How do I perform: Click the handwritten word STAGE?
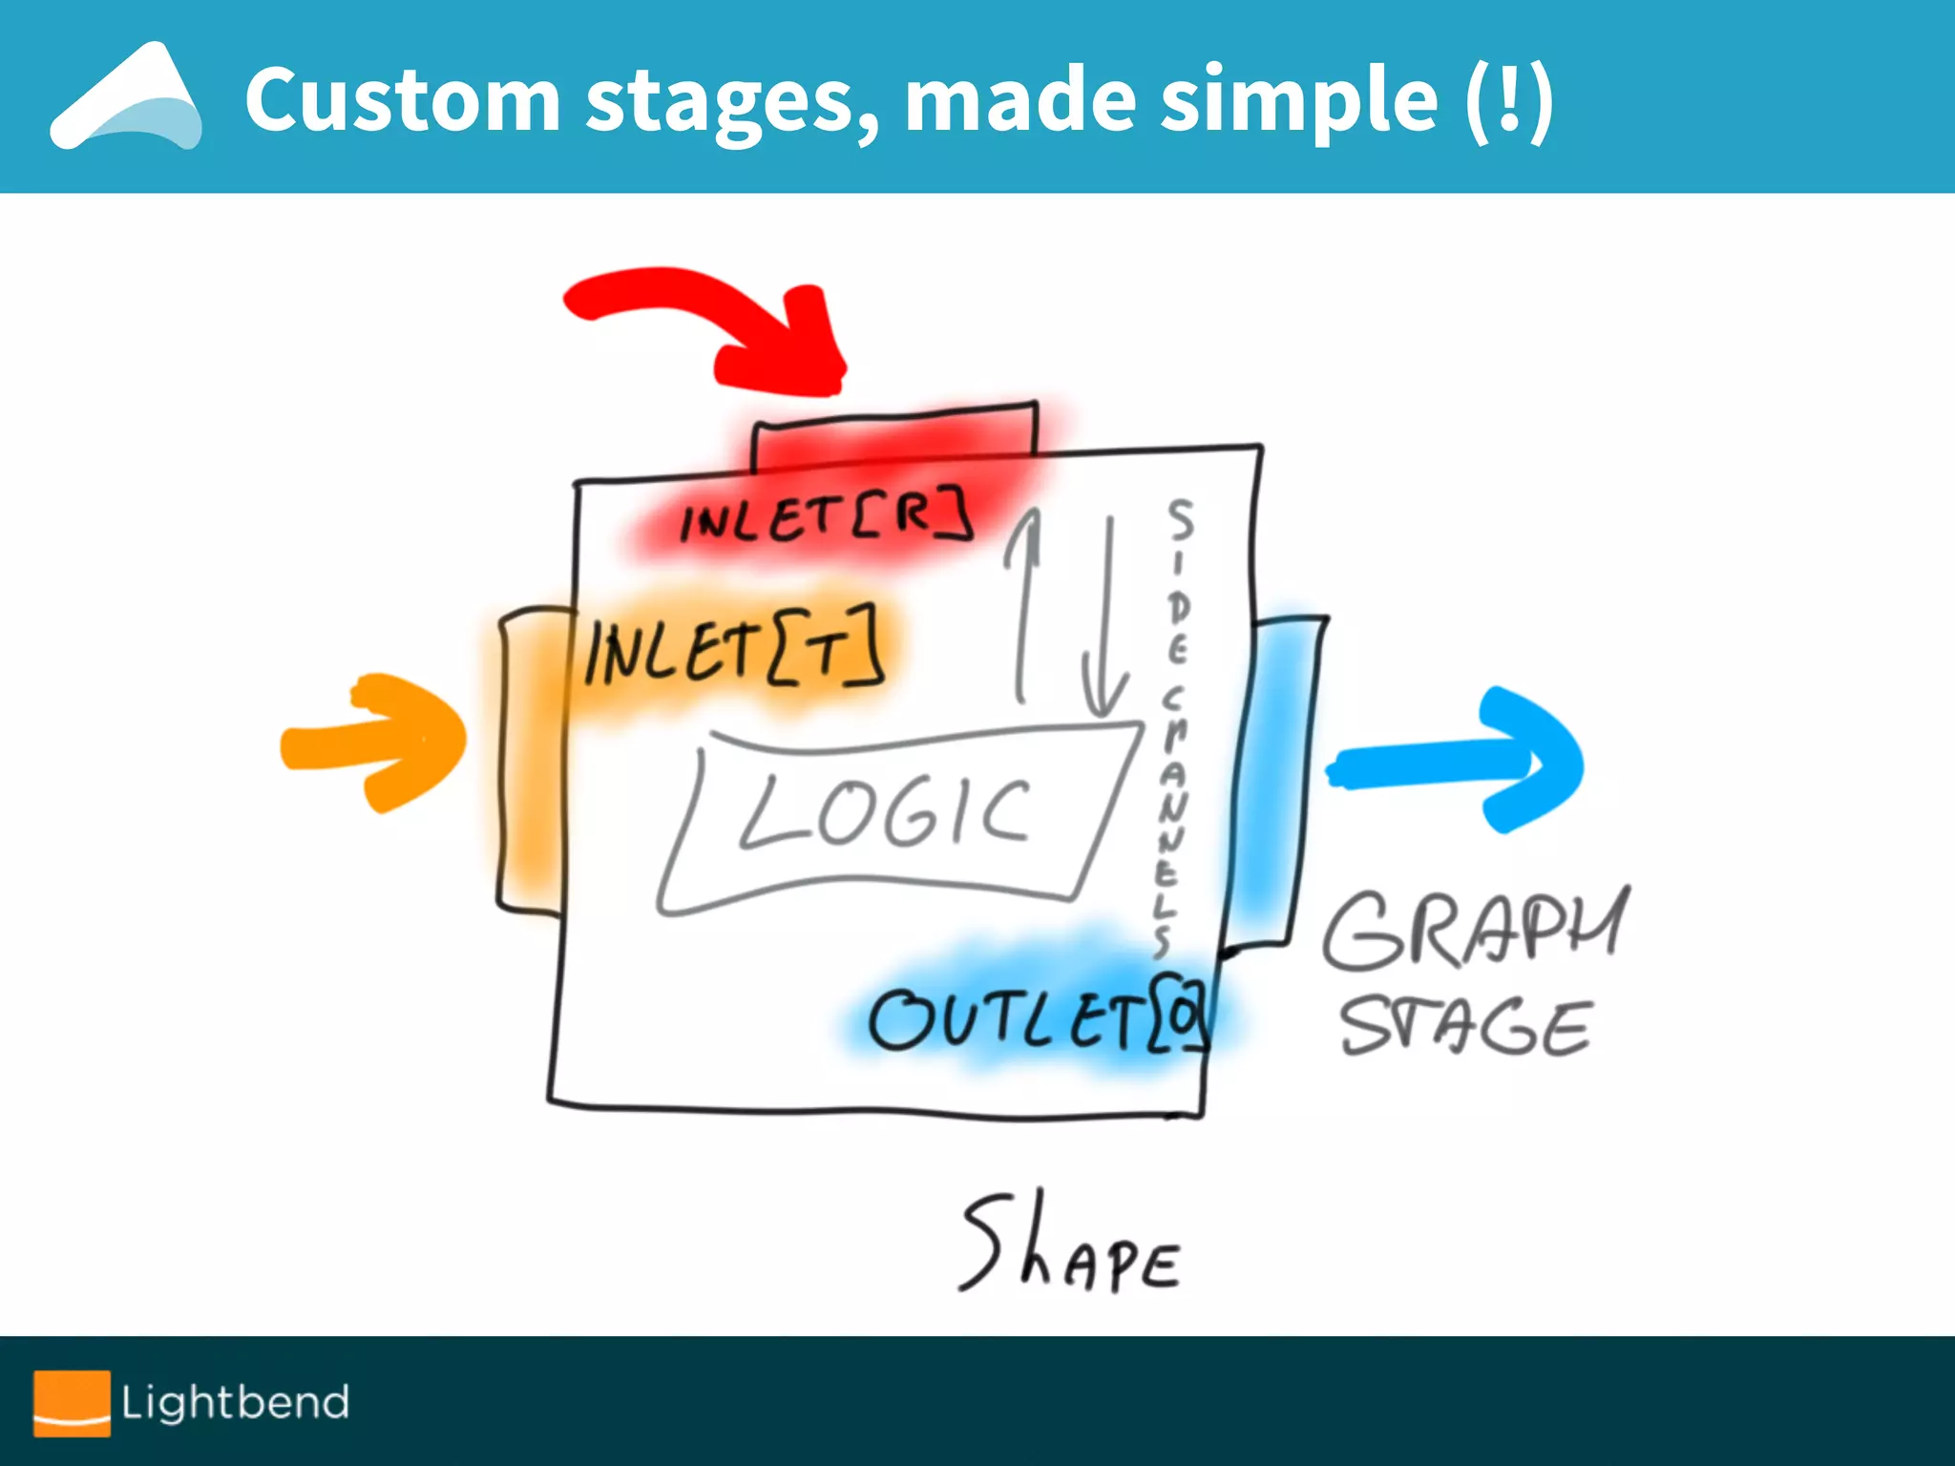point(1465,1027)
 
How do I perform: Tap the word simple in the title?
point(1298,99)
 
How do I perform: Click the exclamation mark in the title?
point(1509,99)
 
